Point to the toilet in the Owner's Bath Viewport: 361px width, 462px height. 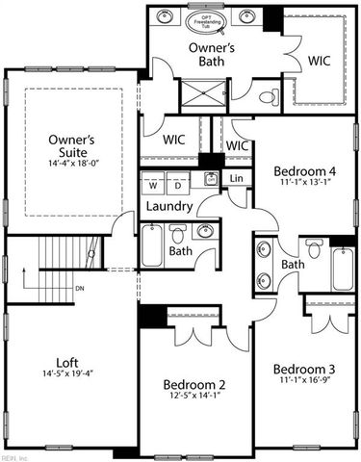tap(269, 95)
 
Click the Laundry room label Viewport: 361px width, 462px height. tap(169, 207)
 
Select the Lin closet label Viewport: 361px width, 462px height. tap(237, 180)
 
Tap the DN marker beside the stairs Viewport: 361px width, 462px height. tap(81, 287)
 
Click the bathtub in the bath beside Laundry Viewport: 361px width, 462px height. tap(154, 246)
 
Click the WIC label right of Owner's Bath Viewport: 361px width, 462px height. tap(320, 60)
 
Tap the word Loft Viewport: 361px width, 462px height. tap(66, 362)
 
